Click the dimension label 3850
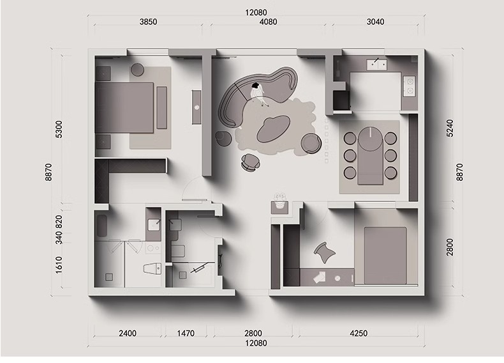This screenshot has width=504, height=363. pos(148,22)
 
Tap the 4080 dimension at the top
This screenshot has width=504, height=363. pos(268,22)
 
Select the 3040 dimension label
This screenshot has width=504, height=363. pos(375,22)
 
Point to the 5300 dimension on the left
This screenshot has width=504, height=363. pos(59,129)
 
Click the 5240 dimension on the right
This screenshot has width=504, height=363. pos(450,128)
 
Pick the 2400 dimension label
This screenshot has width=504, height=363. pos(128,334)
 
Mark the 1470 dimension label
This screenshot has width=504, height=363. pos(186,334)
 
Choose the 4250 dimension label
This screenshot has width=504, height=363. pos(359,334)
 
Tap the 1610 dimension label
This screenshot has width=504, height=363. pos(59,265)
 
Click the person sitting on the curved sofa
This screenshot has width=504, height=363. pos(258,93)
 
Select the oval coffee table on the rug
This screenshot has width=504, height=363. pos(274,128)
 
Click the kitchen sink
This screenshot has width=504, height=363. pos(376,64)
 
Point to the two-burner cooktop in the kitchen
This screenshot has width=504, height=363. pos(410,86)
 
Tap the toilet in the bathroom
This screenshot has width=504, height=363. pos(152,268)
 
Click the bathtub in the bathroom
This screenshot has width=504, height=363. pos(102,225)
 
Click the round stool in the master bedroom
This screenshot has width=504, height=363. pos(138,70)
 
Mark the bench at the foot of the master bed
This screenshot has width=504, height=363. pos(161,107)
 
